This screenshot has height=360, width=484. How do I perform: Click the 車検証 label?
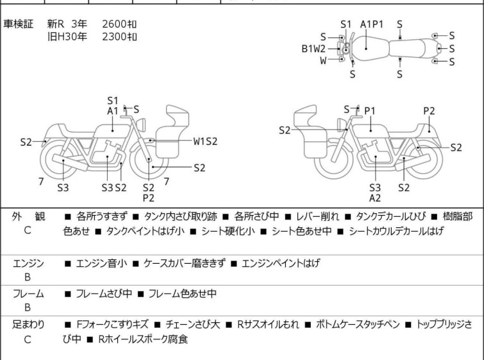[18, 24]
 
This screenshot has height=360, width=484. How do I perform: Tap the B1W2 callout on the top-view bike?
[313, 49]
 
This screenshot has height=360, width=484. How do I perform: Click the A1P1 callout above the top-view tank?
[372, 24]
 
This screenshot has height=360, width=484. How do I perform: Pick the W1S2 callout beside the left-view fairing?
[205, 141]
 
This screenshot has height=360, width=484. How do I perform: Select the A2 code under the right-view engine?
[375, 198]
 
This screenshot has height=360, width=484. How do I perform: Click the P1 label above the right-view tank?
[370, 110]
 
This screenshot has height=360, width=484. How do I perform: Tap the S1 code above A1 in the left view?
[113, 101]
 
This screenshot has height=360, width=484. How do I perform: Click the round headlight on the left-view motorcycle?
[141, 125]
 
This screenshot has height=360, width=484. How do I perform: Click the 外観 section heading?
[28, 216]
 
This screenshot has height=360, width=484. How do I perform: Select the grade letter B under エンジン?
[28, 277]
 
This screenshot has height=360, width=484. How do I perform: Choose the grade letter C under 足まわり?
[28, 339]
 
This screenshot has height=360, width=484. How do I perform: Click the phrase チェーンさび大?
[192, 324]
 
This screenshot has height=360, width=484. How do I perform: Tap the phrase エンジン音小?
[101, 263]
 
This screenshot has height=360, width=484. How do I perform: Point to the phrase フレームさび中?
[104, 293]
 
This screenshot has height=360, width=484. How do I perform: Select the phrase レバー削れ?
[317, 216]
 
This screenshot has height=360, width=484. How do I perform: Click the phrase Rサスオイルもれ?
[268, 324]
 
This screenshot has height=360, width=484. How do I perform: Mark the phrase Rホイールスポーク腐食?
[143, 339]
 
